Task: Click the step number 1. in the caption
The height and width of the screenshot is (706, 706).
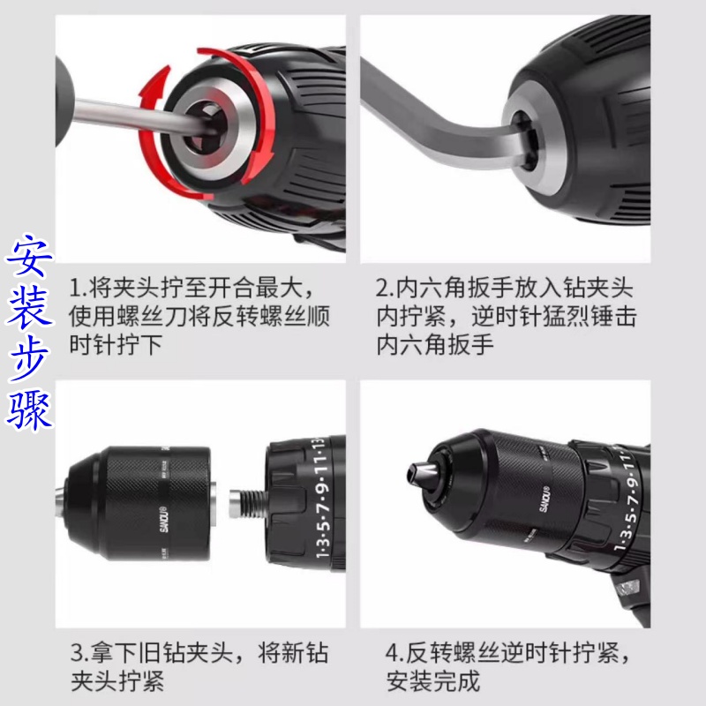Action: coord(77,289)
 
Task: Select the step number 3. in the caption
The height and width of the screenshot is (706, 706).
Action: coord(77,654)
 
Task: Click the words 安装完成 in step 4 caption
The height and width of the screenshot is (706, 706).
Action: coord(432,681)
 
